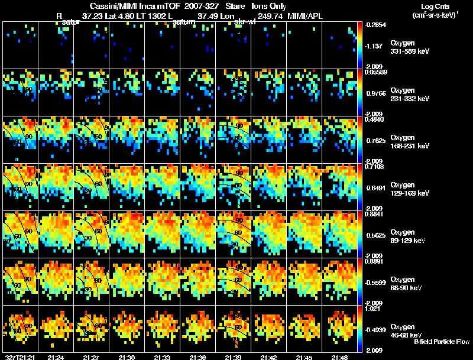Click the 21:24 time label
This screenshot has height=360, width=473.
pos(57,357)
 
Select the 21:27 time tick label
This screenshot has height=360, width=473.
pos(92,357)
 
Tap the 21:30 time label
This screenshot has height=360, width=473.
pos(127,357)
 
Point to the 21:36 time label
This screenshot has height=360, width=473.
pos(198,357)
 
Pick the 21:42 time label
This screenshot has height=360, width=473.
pos(269,357)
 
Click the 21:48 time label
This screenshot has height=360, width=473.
pos(339,357)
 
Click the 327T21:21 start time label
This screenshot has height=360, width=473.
pos(18,357)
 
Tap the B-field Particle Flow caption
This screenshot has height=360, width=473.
pos(442,342)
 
